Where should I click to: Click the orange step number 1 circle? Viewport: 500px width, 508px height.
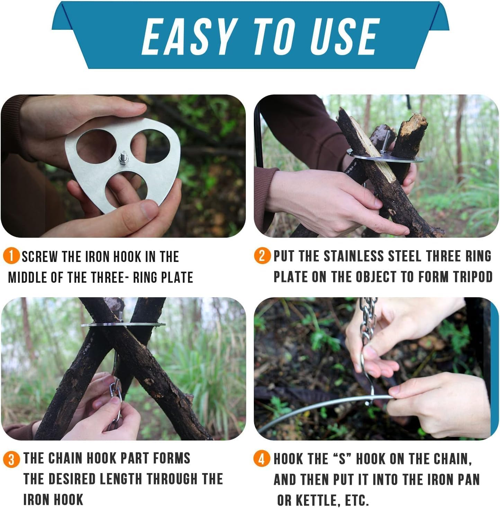[11, 256]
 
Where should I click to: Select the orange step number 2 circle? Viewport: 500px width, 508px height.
[262, 256]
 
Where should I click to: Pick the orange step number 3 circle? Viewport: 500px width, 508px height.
[11, 459]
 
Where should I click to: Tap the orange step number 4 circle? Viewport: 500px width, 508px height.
[262, 459]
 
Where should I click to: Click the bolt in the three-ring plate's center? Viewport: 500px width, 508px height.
[123, 158]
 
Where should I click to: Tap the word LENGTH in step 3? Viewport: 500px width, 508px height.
[121, 479]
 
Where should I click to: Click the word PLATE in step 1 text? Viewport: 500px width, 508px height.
[176, 278]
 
